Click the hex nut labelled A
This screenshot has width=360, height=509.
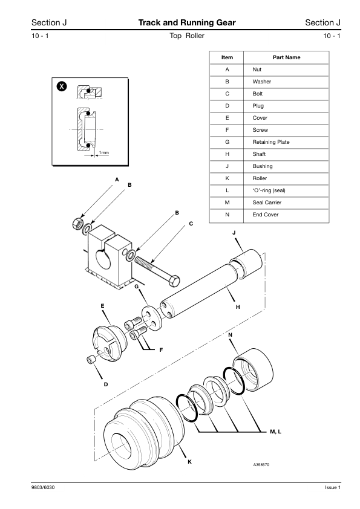(77, 223)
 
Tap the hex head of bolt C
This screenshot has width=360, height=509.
(174, 280)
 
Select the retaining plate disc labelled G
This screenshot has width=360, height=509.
(151, 319)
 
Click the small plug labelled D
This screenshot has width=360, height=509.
(91, 360)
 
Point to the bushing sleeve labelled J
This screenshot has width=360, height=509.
(246, 264)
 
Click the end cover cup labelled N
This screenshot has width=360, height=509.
(254, 370)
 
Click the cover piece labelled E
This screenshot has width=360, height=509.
(110, 343)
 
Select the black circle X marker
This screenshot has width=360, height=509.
(62, 86)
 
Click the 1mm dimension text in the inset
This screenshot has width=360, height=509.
(103, 152)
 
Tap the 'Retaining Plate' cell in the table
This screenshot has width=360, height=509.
(271, 142)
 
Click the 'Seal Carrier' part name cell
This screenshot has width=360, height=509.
(267, 203)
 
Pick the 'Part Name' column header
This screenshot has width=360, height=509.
(286, 57)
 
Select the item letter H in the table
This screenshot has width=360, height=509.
(227, 154)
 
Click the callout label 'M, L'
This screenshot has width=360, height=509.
(275, 432)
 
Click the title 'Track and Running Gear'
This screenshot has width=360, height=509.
(187, 22)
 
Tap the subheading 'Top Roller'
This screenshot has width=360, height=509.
(187, 36)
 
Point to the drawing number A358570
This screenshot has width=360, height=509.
(261, 464)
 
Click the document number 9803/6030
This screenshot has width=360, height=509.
(43, 487)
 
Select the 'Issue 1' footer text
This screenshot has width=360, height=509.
(333, 487)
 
